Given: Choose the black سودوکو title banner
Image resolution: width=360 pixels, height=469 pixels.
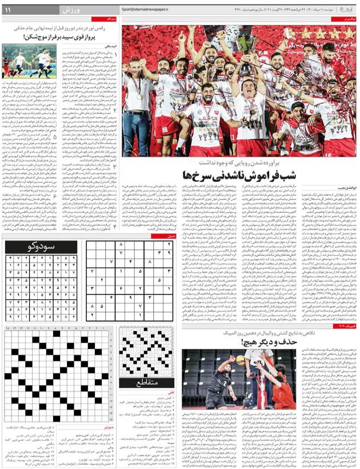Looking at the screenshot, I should tap(39, 247).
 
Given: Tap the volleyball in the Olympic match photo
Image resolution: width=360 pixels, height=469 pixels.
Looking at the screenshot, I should tap(241, 360).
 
